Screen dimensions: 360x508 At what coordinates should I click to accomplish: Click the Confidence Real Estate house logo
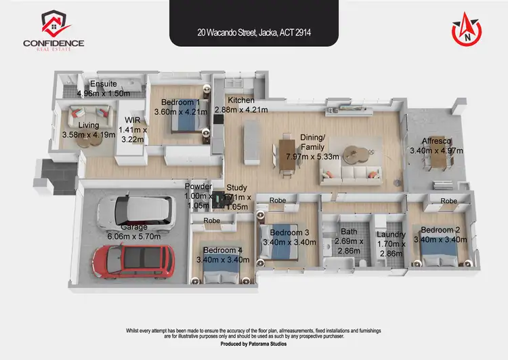point(54,24)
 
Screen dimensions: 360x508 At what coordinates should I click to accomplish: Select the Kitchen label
point(241,100)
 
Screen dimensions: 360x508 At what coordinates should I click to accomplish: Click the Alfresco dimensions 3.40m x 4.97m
point(431,151)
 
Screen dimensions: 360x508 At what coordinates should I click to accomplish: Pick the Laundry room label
point(390,235)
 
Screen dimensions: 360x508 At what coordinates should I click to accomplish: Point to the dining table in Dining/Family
point(287,155)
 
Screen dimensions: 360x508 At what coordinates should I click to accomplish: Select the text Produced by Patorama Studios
point(254,344)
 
